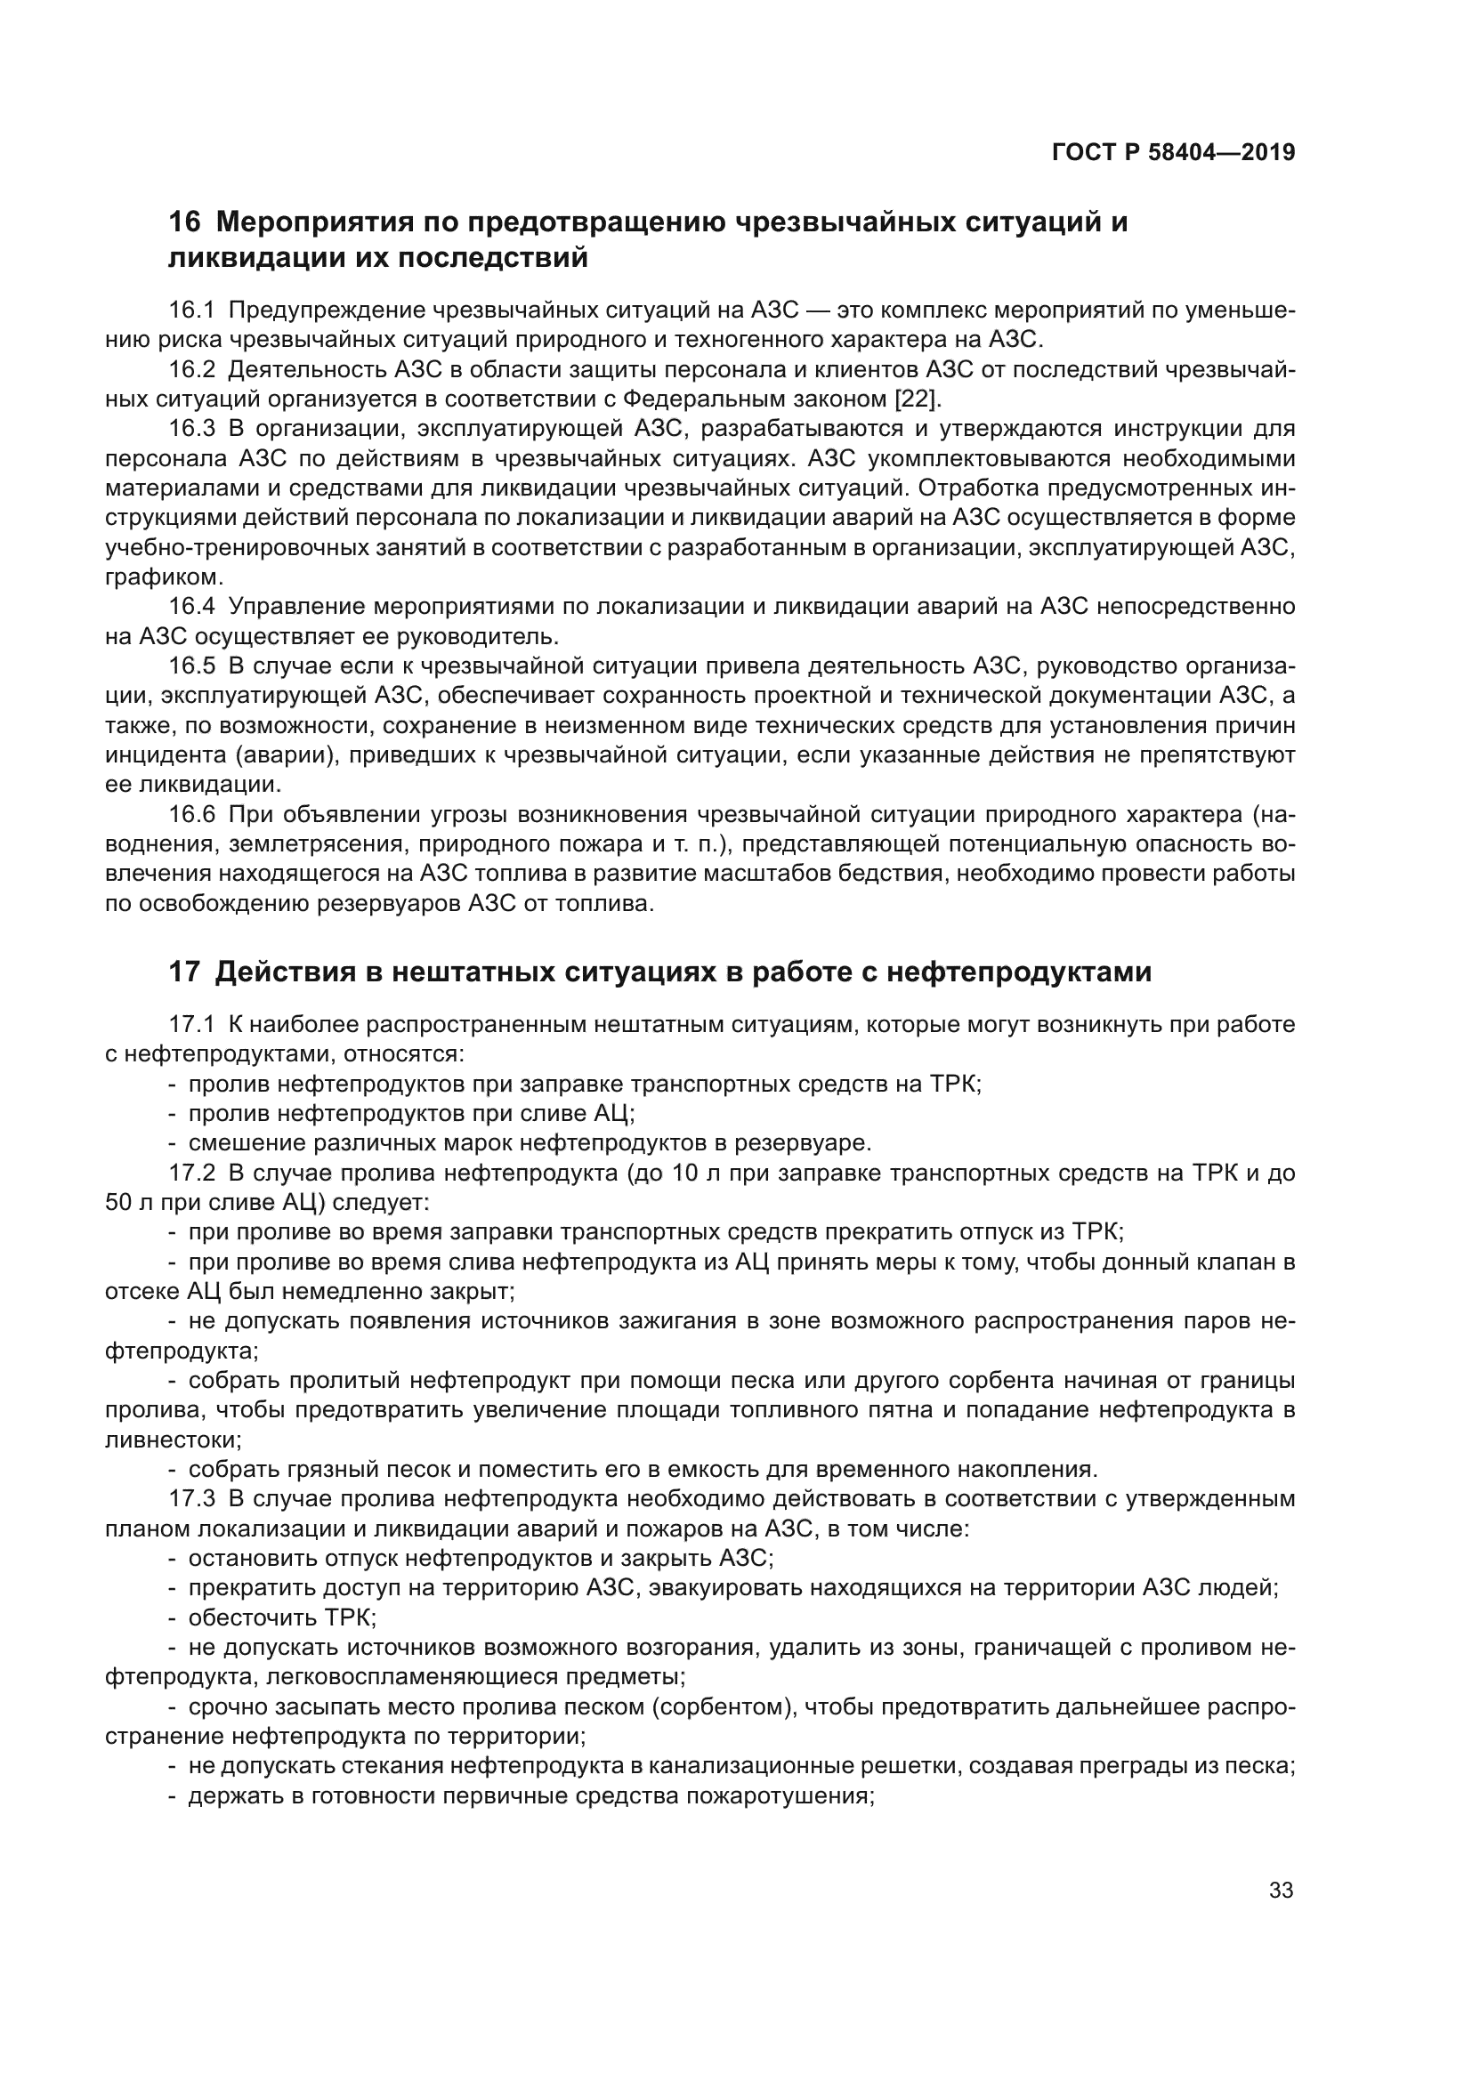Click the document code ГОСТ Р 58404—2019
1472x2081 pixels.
click(x=1173, y=152)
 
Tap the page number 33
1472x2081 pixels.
click(x=1281, y=1891)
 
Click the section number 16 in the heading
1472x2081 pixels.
click(x=184, y=222)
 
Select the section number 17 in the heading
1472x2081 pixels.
click(x=184, y=972)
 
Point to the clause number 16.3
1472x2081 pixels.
click(x=191, y=429)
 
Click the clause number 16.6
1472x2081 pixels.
click(x=191, y=815)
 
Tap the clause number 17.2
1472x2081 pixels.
click(x=191, y=1173)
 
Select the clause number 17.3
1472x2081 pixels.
click(x=191, y=1498)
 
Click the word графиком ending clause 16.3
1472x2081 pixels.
click(x=163, y=577)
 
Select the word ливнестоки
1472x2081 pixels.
click(x=173, y=1440)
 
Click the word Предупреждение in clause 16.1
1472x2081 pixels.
click(x=328, y=311)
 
